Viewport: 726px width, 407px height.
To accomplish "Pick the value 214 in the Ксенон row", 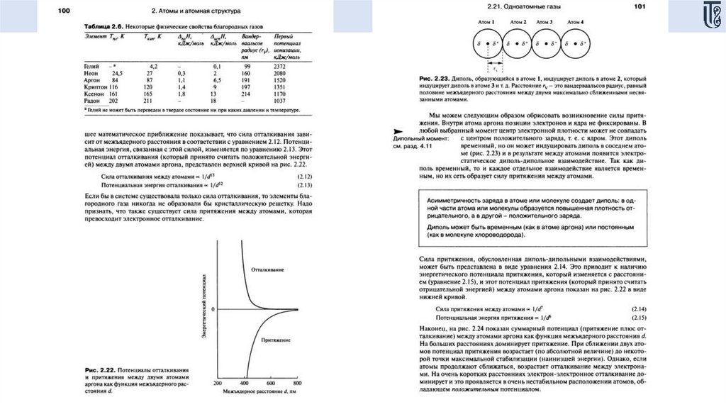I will [245, 93].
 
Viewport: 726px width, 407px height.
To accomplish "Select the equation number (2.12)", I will [305, 175].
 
